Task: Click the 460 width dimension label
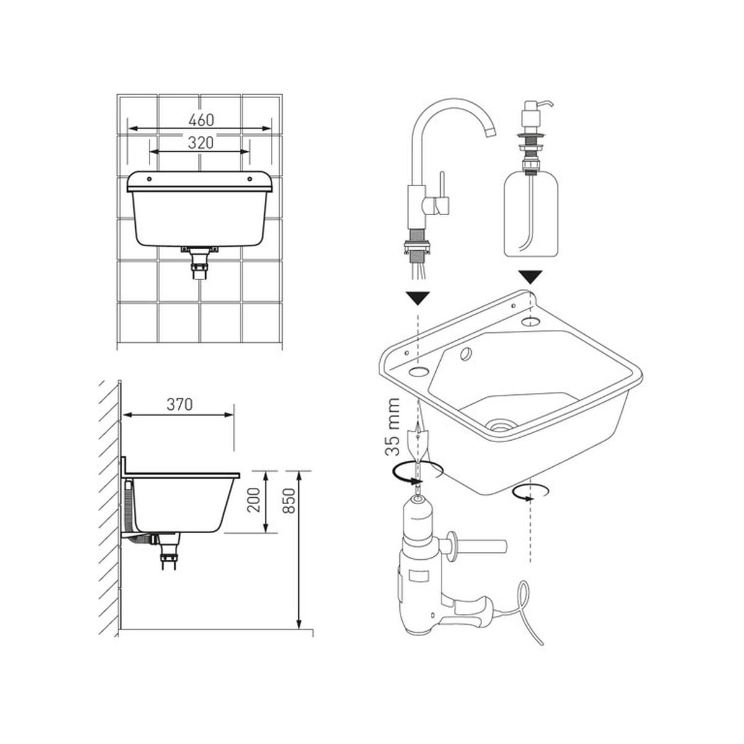pyautogui.click(x=201, y=120)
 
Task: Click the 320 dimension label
pyautogui.click(x=201, y=143)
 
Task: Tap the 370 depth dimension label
pyautogui.click(x=179, y=404)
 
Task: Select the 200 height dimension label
pyautogui.click(x=254, y=500)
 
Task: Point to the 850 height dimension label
pyautogui.click(x=289, y=501)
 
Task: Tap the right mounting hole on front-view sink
pyautogui.click(x=249, y=179)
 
